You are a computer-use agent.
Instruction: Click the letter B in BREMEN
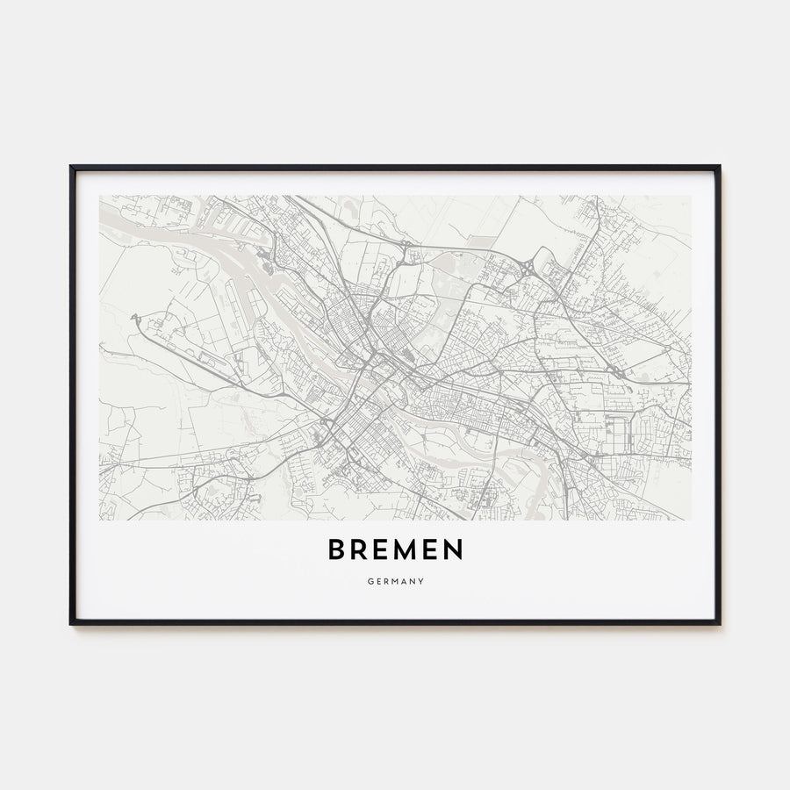tap(337, 550)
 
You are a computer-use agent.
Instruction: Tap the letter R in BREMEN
tap(361, 550)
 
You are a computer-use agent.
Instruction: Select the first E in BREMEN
tap(383, 550)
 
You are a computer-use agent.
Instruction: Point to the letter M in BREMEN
tap(407, 550)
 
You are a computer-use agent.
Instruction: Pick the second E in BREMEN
tap(432, 550)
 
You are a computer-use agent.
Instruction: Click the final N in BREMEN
tap(454, 550)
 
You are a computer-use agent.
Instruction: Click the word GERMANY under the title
tap(395, 580)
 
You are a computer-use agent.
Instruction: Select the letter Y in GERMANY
tap(422, 580)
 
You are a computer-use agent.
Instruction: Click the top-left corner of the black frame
tap(71, 166)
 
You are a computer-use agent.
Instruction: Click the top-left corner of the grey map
tap(100, 196)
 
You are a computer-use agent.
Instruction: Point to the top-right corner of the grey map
tap(691, 196)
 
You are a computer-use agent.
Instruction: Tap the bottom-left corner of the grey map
tap(100, 520)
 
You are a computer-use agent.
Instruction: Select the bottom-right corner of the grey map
tap(691, 520)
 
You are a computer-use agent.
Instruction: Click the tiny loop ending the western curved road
tap(135, 317)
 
